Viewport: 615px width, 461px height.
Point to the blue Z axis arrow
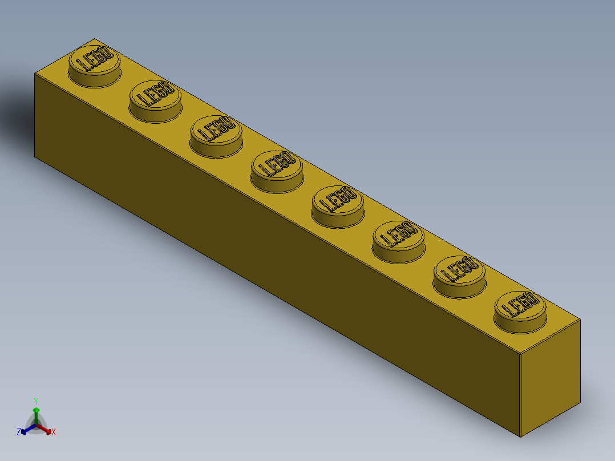25,431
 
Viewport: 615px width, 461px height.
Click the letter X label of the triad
54,432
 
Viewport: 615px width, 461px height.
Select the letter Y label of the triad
36,401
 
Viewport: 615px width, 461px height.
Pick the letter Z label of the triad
19,432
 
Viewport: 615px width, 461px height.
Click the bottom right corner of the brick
521,437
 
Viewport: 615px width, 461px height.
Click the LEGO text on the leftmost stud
95,60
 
